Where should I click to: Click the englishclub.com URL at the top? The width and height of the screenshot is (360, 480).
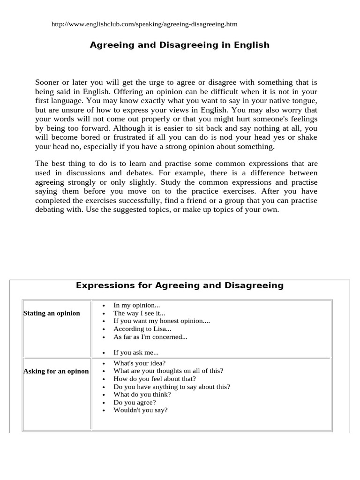coord(141,24)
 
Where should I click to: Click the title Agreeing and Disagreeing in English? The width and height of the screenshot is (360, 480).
coord(180,45)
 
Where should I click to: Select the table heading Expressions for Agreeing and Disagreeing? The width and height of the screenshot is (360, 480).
coord(180,285)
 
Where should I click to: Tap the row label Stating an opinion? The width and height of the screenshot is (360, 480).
coord(52,313)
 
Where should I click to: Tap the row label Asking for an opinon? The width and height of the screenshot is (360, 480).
coord(56,371)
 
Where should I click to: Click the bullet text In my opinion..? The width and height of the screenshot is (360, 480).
coord(137,305)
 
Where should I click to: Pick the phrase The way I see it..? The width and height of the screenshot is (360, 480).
coord(139,313)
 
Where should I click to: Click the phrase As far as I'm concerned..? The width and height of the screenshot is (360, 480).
coord(150,337)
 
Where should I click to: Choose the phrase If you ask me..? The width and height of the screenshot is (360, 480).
coord(136,352)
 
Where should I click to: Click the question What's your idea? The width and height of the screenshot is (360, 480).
coord(140,363)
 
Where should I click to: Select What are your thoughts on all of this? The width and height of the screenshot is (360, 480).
coord(168,371)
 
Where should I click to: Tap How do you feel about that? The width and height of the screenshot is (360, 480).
coord(155,379)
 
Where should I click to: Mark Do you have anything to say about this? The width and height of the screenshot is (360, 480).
coord(172,387)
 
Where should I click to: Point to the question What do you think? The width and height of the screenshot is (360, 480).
coord(142,395)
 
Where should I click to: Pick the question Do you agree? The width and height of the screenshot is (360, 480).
coord(135,402)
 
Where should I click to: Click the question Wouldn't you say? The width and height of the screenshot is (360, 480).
coord(140,410)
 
